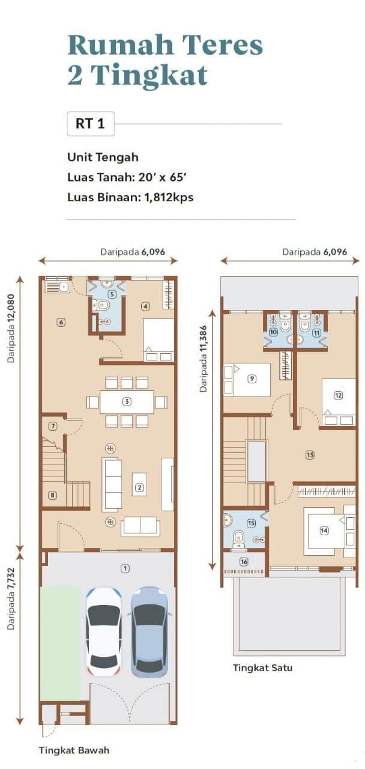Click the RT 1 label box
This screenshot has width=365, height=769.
(x=91, y=124)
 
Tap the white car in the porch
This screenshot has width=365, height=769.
(x=104, y=631)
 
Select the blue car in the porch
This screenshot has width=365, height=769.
(x=150, y=631)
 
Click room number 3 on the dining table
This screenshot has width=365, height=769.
(x=127, y=401)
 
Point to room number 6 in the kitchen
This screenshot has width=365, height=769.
(x=61, y=322)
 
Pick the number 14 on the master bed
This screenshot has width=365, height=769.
(x=324, y=530)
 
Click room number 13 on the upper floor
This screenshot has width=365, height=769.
(x=310, y=455)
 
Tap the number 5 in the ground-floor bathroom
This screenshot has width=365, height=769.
(x=112, y=294)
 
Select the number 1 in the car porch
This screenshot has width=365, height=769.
(x=125, y=569)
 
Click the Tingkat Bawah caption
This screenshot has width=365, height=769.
(x=74, y=750)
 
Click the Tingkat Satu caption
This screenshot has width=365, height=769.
(x=262, y=667)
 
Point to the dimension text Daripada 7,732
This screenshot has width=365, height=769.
(x=11, y=599)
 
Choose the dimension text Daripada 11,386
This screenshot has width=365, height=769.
(x=204, y=359)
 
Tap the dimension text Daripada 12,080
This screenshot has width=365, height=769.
(x=11, y=328)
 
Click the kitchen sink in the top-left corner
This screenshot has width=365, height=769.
(x=57, y=286)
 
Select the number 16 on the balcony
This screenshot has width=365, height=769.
(x=244, y=562)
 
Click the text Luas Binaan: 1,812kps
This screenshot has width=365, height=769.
(x=130, y=198)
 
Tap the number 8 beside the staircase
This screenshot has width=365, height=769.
(x=52, y=495)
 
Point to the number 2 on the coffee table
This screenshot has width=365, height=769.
(x=139, y=487)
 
